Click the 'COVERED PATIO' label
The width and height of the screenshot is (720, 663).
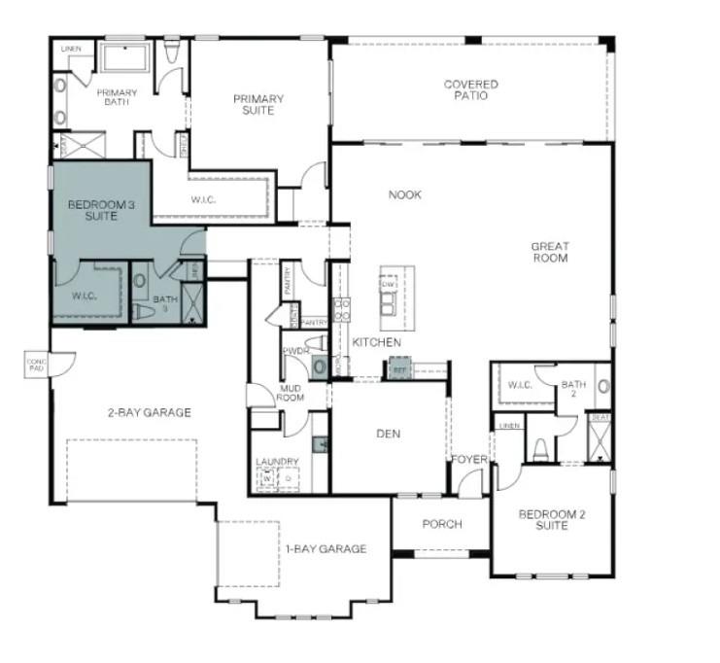tap(471, 90)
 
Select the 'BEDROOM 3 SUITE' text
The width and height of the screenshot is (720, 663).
tap(93, 210)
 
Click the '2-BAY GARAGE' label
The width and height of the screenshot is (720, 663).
tap(149, 412)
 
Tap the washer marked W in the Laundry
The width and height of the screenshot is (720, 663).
tap(265, 478)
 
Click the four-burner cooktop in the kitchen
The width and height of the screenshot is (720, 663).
tap(342, 308)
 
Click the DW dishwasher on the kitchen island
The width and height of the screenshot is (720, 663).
tap(388, 284)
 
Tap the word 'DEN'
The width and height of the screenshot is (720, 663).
tap(389, 434)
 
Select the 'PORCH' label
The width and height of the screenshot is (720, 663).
tap(442, 524)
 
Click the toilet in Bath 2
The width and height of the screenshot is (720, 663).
tap(540, 449)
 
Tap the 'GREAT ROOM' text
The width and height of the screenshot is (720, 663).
tap(549, 252)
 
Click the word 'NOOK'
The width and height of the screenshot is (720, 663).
tap(405, 194)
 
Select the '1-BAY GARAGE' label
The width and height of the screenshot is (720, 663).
tap(326, 549)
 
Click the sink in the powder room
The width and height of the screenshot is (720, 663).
tap(319, 366)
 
